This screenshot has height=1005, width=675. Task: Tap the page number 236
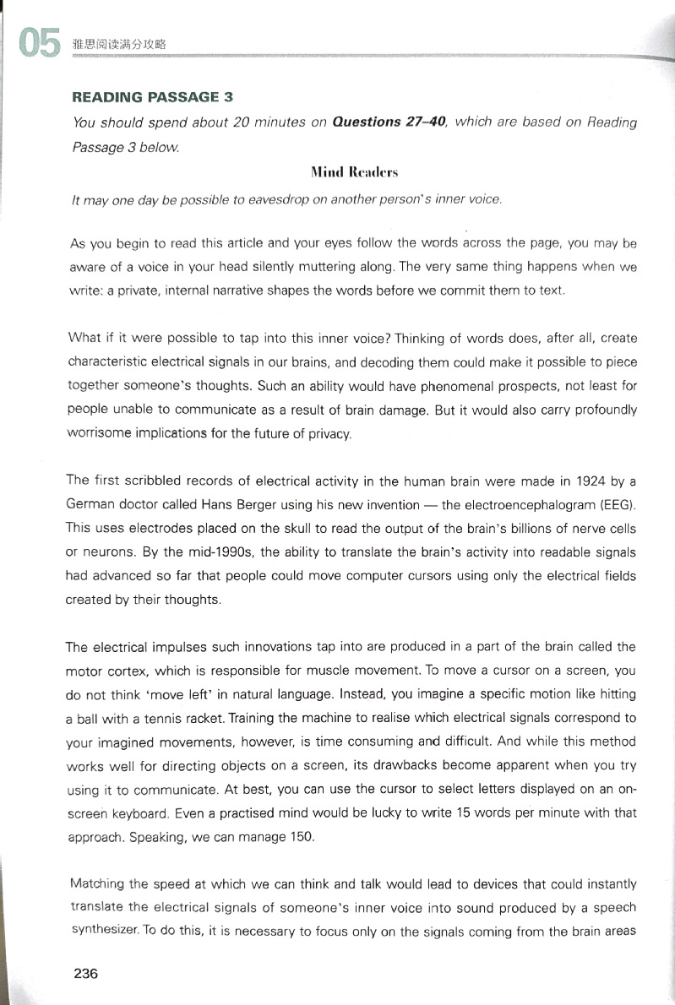(x=86, y=973)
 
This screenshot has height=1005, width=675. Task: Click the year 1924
(x=580, y=481)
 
